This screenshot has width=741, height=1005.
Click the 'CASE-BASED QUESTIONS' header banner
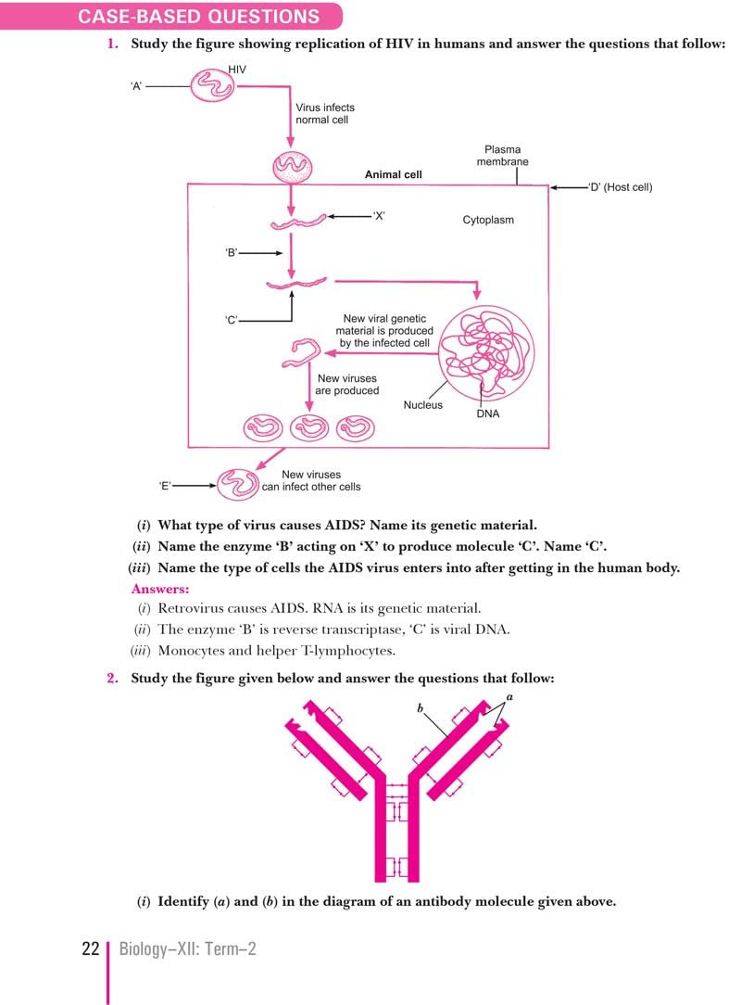[x=198, y=17]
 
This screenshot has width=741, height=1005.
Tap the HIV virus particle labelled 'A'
[x=213, y=86]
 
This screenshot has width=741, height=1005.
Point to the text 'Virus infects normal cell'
[x=323, y=113]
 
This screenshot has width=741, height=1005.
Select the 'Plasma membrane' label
[x=502, y=155]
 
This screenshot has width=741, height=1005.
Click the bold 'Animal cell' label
[x=393, y=174]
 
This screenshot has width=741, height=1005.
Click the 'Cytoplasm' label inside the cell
[x=488, y=221]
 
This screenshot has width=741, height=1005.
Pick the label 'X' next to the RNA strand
[x=378, y=217]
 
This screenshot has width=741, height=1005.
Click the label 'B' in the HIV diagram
[x=232, y=252]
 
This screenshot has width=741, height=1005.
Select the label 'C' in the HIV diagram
[x=232, y=321]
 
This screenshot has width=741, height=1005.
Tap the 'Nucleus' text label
[x=422, y=405]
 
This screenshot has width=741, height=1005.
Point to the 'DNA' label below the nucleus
[x=488, y=413]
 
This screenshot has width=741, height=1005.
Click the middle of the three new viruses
[x=308, y=427]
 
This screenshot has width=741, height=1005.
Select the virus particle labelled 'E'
[x=239, y=482]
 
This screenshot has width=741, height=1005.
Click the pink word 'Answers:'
[x=160, y=589]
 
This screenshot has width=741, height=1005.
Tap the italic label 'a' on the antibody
[x=509, y=695]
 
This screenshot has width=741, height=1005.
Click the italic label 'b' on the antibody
[x=420, y=708]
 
